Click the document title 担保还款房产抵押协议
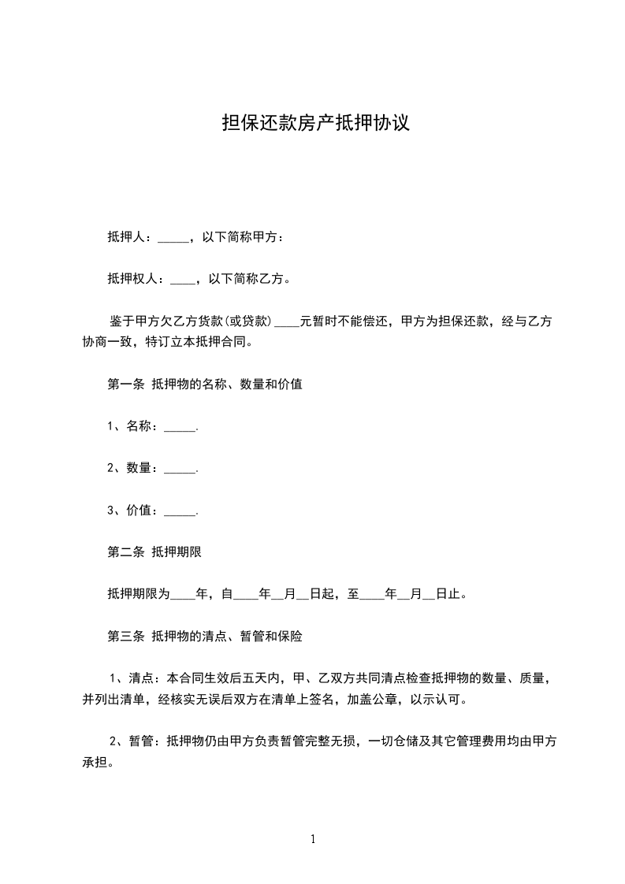point(315,124)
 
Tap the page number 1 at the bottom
point(313,839)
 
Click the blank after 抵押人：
point(173,238)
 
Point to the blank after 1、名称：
point(180,428)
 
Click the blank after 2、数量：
point(180,469)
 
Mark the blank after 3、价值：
point(180,511)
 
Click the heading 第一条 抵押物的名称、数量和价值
point(205,385)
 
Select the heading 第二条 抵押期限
point(154,552)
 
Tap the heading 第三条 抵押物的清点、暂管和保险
point(205,635)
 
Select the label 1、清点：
point(134,678)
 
